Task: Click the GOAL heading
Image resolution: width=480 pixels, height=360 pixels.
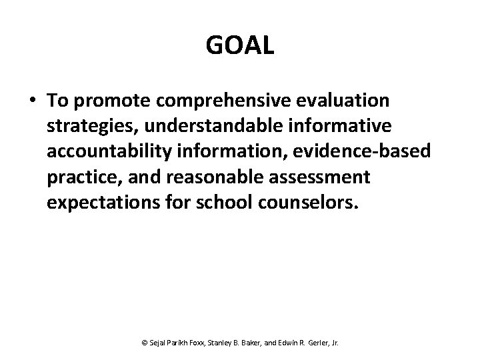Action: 240,47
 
